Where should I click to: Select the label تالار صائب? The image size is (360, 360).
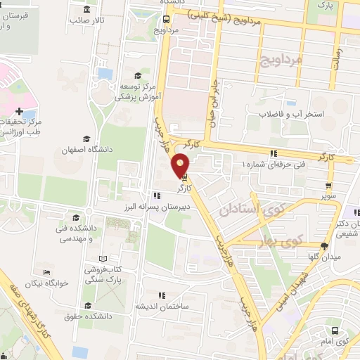[x=88, y=20]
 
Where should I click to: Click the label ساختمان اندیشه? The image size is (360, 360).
[x=177, y=307]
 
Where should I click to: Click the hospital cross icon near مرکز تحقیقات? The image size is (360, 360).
[x=19, y=111]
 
